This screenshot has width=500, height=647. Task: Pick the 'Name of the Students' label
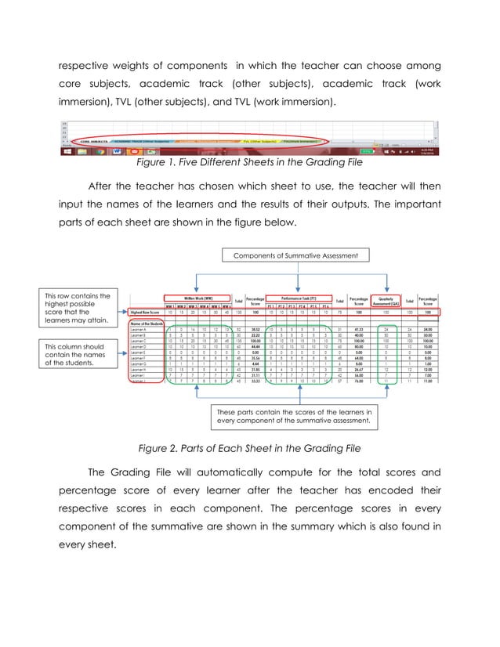[x=146, y=323]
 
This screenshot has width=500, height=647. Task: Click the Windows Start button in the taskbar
[x=67, y=151]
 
